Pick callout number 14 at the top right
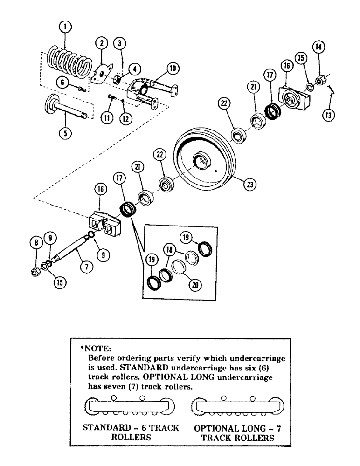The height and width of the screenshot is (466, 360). (x=318, y=46)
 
